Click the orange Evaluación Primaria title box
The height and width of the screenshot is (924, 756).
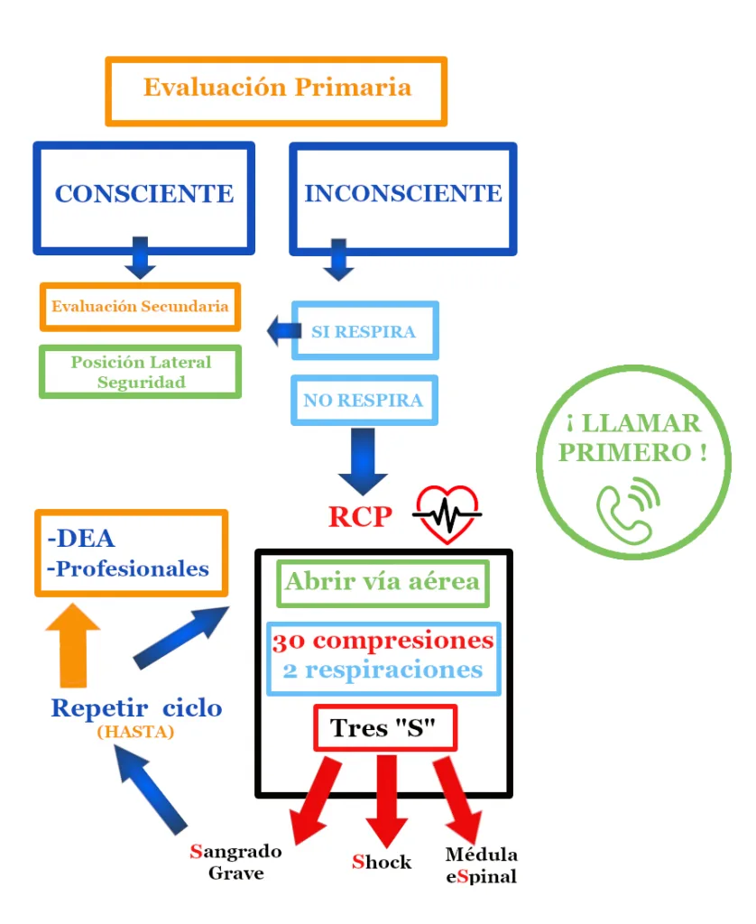pyautogui.click(x=276, y=90)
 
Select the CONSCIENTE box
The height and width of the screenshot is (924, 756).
pyautogui.click(x=144, y=196)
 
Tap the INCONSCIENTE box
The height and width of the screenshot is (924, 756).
pyautogui.click(x=402, y=196)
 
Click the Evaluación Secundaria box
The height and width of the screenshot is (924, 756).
pyautogui.click(x=140, y=307)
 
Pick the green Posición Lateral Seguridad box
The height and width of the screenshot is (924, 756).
pyautogui.click(x=141, y=372)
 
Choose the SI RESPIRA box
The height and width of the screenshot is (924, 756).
pyautogui.click(x=364, y=331)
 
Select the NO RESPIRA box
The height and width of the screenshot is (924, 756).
pyautogui.click(x=364, y=400)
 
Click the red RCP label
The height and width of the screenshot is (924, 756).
pyautogui.click(x=360, y=517)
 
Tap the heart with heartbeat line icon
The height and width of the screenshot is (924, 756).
pyautogui.click(x=447, y=515)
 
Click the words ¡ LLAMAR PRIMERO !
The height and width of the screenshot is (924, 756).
pyautogui.click(x=632, y=438)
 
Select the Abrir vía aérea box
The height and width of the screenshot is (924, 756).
pyautogui.click(x=383, y=582)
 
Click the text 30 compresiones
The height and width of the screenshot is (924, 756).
pyautogui.click(x=383, y=642)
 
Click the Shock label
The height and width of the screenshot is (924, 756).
pyautogui.click(x=382, y=862)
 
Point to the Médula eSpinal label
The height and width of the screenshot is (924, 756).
pyautogui.click(x=482, y=865)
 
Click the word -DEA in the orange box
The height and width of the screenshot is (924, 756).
pyautogui.click(x=81, y=540)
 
